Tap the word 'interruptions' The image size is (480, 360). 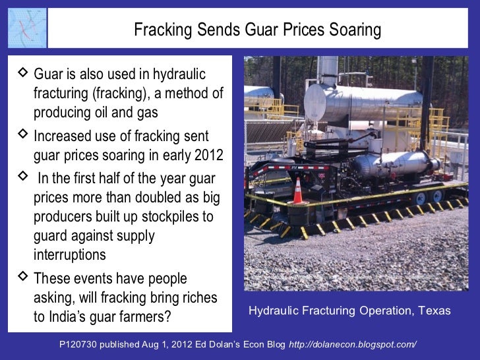click(x=69, y=255)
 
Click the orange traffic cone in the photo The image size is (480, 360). click(x=297, y=191)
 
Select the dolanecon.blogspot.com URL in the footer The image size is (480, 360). click(x=353, y=345)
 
